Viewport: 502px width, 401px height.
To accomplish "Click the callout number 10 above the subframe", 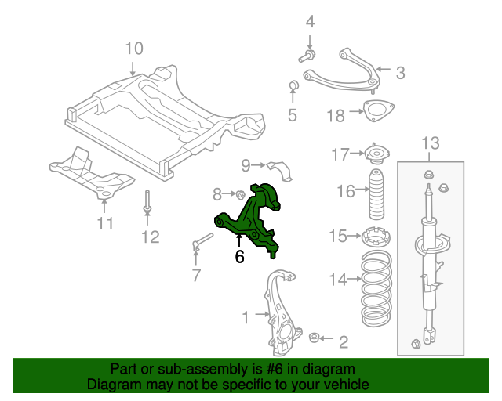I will (x=133, y=49).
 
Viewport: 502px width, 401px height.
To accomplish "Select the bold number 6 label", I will (x=239, y=256).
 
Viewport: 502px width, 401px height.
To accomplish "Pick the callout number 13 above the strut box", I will (x=431, y=143).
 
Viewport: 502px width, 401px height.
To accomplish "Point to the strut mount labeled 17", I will (x=376, y=154).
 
